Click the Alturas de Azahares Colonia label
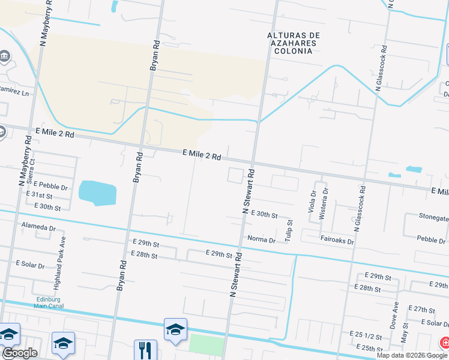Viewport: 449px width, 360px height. [290, 43]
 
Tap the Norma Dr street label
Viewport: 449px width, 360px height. [261, 240]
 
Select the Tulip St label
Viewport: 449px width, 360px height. [289, 230]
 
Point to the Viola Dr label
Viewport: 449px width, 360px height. [312, 202]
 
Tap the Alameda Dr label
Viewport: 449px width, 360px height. [38, 228]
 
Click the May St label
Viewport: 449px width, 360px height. [405, 329]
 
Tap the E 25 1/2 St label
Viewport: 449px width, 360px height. [366, 333]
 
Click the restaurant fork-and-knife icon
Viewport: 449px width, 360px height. [145, 349]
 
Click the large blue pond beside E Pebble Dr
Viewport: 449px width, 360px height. [97, 193]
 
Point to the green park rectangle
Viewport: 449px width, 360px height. [206, 345]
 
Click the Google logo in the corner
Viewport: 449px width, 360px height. [19, 353]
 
